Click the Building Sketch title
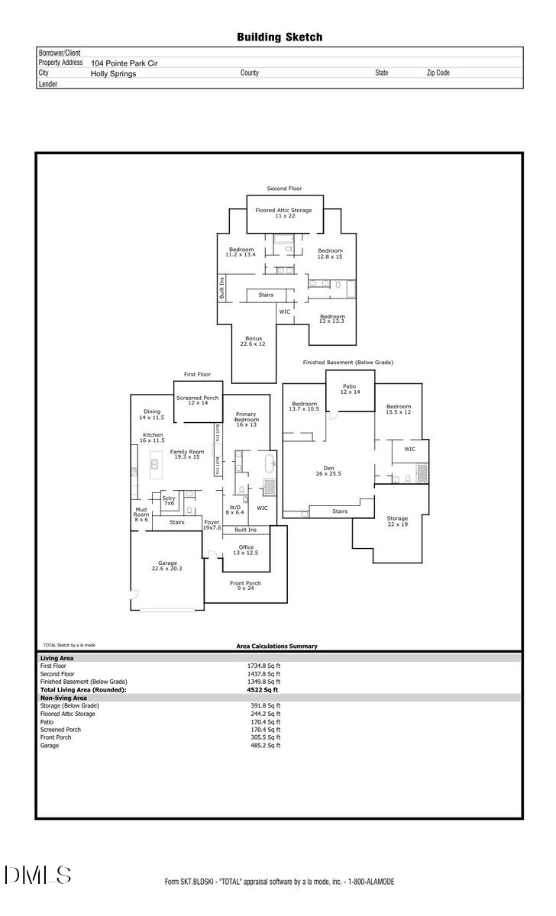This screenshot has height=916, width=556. click(x=279, y=37)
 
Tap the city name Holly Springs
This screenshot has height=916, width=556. click(x=113, y=74)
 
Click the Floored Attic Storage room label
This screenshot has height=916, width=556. click(x=283, y=213)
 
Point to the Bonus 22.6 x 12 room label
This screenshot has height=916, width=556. click(x=254, y=341)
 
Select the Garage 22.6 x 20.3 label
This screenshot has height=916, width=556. click(x=166, y=566)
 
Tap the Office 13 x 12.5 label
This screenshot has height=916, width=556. click(x=245, y=550)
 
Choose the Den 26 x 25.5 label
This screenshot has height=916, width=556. click(x=328, y=471)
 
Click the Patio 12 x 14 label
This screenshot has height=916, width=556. click(x=349, y=389)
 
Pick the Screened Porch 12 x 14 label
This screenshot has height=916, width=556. click(x=197, y=400)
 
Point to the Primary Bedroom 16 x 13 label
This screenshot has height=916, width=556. click(x=246, y=420)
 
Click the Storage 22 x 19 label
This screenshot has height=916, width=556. click(x=397, y=521)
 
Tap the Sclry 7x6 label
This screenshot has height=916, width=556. click(x=169, y=501)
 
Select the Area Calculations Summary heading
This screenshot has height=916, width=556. click(x=276, y=647)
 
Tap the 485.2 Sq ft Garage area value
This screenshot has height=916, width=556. click(x=265, y=745)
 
